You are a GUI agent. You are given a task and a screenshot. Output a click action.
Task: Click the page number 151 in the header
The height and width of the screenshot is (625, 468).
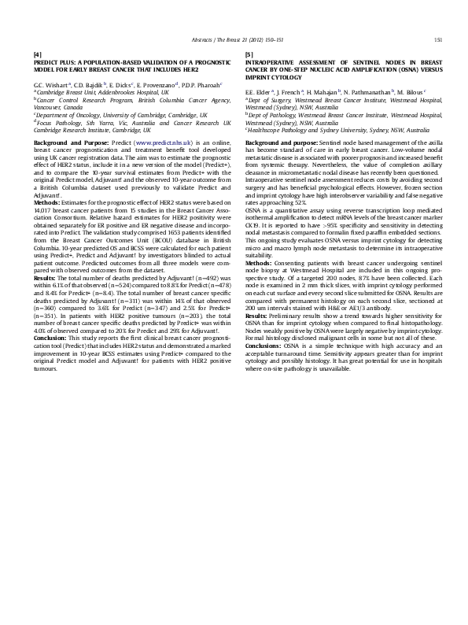pyautogui.click(x=437, y=39)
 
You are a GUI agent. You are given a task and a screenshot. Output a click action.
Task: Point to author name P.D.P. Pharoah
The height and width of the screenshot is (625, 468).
pyautogui.click(x=201, y=83)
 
